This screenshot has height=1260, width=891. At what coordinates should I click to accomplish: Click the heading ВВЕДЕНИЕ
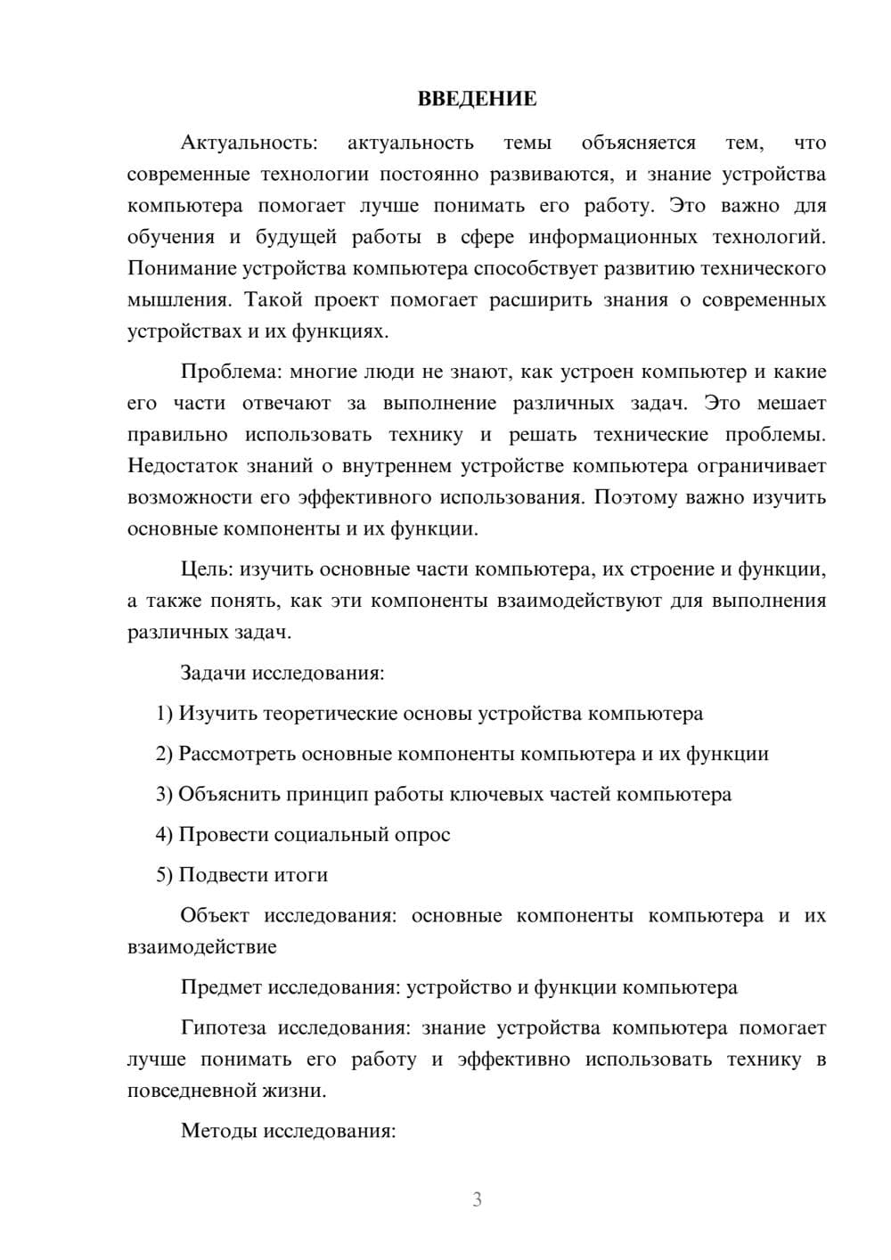[477, 99]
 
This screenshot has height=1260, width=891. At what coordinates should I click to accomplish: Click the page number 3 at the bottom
[477, 1199]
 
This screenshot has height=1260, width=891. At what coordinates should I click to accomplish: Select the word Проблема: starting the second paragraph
[234, 372]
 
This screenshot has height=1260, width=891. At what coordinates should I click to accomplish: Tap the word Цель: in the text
[207, 569]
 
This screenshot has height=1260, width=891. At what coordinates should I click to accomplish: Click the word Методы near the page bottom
[217, 1132]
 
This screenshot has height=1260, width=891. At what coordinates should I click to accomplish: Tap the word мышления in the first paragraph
[178, 300]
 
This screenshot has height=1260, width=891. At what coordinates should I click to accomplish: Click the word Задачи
[213, 673]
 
